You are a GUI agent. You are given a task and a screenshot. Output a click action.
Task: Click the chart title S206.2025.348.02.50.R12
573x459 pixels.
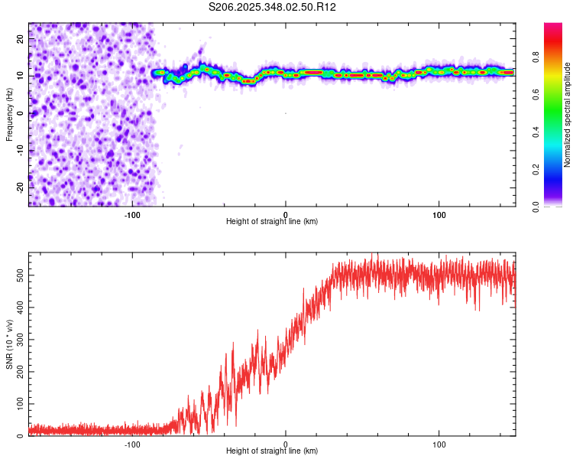click(x=273, y=7)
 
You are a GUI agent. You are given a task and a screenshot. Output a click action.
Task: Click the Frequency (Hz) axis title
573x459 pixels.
click(x=10, y=114)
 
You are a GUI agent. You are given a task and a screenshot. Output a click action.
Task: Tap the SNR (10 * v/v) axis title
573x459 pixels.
click(x=10, y=343)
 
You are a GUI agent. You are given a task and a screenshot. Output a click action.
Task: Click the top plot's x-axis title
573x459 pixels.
click(x=272, y=222)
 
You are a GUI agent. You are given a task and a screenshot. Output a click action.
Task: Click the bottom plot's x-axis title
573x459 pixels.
click(x=272, y=451)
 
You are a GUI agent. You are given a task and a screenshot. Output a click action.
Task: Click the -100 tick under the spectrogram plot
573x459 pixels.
click(x=133, y=213)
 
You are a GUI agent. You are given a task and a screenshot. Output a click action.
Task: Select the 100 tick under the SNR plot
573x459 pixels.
click(x=439, y=443)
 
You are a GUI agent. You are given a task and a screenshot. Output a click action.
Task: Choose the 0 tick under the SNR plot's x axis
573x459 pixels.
click(x=286, y=443)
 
